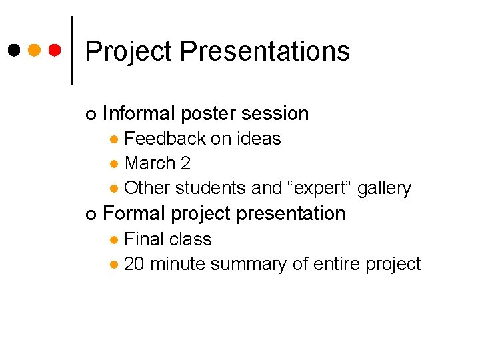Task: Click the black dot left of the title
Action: [13, 50]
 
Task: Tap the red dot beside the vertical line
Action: [55, 50]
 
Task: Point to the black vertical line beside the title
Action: [72, 50]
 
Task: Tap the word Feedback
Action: [165, 139]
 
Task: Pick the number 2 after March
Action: [185, 163]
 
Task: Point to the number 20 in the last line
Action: [135, 264]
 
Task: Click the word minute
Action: [177, 264]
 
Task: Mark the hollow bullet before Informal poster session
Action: [91, 115]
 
